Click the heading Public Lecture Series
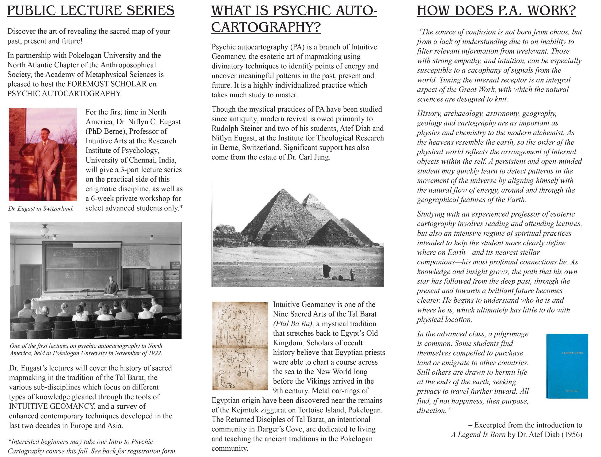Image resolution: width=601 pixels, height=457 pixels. coord(90,11)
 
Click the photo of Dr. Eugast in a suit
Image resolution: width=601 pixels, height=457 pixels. coord(43,155)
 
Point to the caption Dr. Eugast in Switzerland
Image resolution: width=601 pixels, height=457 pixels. coord(41,209)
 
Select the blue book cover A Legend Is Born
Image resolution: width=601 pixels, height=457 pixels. coord(567,366)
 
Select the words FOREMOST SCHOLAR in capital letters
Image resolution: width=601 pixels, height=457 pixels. coord(107,84)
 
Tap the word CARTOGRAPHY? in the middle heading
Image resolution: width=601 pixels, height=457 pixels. coord(266,27)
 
